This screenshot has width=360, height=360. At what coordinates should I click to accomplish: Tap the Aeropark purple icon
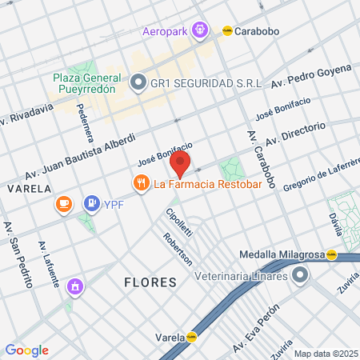click(x=199, y=31)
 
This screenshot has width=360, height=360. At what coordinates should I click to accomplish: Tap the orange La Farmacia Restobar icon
click(x=142, y=183)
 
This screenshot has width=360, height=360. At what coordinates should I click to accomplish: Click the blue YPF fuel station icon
click(x=92, y=204)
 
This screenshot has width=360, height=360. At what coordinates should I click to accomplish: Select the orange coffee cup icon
click(x=62, y=205)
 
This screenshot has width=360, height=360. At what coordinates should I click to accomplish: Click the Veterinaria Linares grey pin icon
click(x=300, y=276)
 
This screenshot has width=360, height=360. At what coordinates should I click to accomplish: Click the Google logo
click(x=26, y=350)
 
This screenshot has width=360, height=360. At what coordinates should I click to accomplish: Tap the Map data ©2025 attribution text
click(x=325, y=354)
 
